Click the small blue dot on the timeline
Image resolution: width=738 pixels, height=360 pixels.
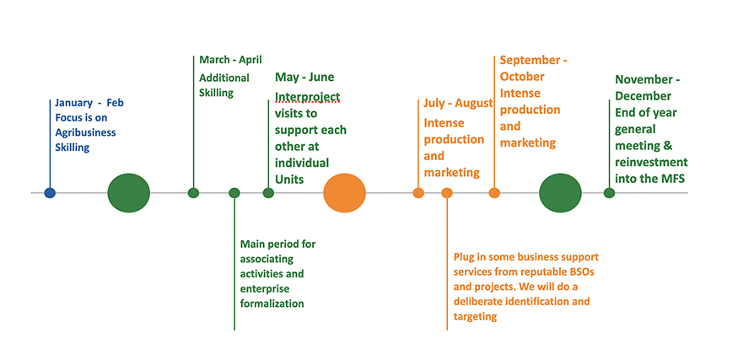(50, 192)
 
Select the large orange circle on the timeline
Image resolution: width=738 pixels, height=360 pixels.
(344, 193)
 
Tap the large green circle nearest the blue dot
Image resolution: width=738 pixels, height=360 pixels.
(128, 193)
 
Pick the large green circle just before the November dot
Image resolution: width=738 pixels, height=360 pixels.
(560, 193)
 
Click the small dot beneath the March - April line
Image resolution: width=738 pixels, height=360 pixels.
(193, 192)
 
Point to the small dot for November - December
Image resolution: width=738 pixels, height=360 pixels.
(609, 192)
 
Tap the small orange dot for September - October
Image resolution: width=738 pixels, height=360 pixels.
(494, 192)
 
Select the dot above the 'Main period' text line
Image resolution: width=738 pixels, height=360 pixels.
(234, 192)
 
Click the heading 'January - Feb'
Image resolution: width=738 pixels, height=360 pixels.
(89, 103)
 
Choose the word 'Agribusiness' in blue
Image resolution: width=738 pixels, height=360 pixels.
(86, 132)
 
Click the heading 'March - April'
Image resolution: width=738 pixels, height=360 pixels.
(230, 60)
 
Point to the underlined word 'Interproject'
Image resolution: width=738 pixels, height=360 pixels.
(307, 97)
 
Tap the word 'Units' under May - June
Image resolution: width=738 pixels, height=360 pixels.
(289, 180)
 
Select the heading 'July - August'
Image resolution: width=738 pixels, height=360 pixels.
(459, 103)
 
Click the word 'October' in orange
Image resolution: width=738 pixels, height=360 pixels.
(522, 76)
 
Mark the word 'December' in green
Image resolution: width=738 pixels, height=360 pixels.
(644, 96)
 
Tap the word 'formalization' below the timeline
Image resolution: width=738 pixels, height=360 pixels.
(272, 304)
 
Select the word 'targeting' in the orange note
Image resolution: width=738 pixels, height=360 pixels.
(476, 317)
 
